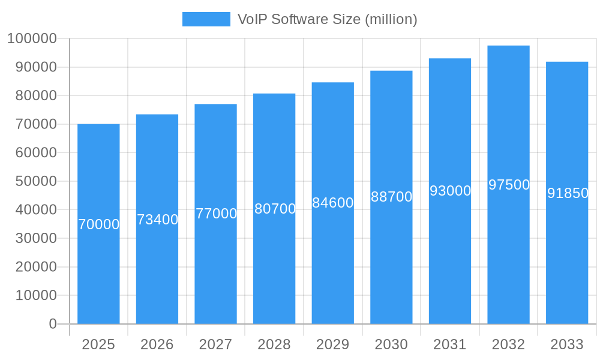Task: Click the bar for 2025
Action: pyautogui.click(x=98, y=270)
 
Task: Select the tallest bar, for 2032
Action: pyautogui.click(x=508, y=252)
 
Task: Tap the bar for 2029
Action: pyautogui.click(x=332, y=264)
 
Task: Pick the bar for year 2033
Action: pyautogui.click(x=566, y=258)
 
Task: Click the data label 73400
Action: pyautogui.click(x=157, y=220)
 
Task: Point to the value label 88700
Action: pyautogui.click(x=391, y=197)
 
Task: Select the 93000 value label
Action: pyautogui.click(x=450, y=191)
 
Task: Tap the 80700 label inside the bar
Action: pyautogui.click(x=275, y=209)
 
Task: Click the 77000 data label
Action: pyautogui.click(x=216, y=214)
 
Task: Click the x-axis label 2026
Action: pyautogui.click(x=157, y=344)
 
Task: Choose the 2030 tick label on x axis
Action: pyautogui.click(x=391, y=344)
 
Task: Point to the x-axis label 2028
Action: pyautogui.click(x=274, y=344)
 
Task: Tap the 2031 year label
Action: pyautogui.click(x=450, y=344)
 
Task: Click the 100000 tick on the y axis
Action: pyautogui.click(x=32, y=39)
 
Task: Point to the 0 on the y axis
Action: pyautogui.click(x=53, y=324)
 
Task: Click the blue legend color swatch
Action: pyautogui.click(x=206, y=19)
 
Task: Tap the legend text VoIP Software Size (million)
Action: pyautogui.click(x=327, y=19)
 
